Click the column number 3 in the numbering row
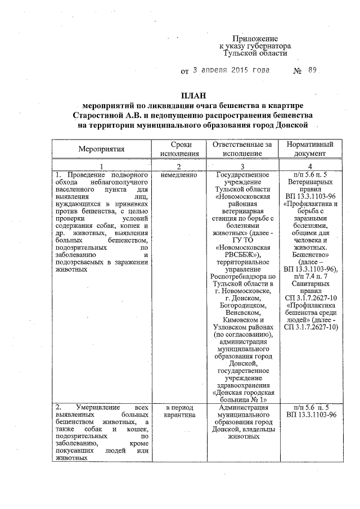242,166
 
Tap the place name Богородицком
242,304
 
